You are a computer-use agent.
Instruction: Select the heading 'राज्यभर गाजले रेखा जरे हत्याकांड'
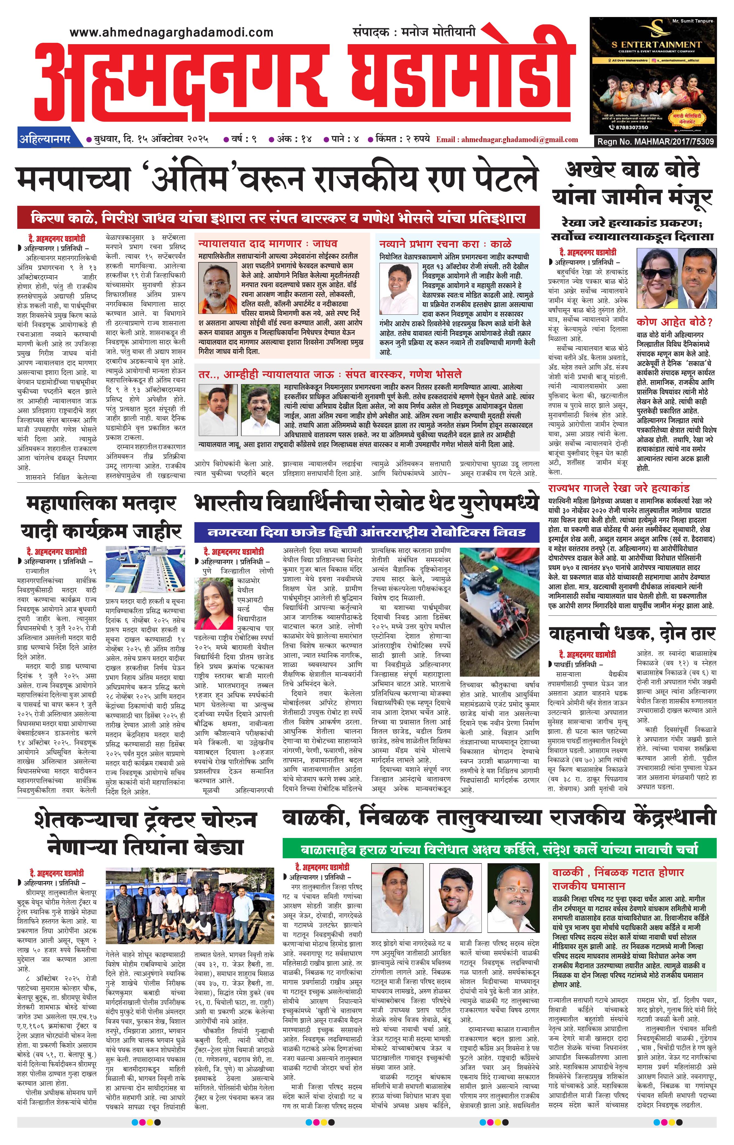(618, 488)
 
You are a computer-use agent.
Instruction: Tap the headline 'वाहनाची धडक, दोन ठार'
(631, 633)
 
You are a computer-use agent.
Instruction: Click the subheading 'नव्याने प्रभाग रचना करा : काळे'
(445, 244)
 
